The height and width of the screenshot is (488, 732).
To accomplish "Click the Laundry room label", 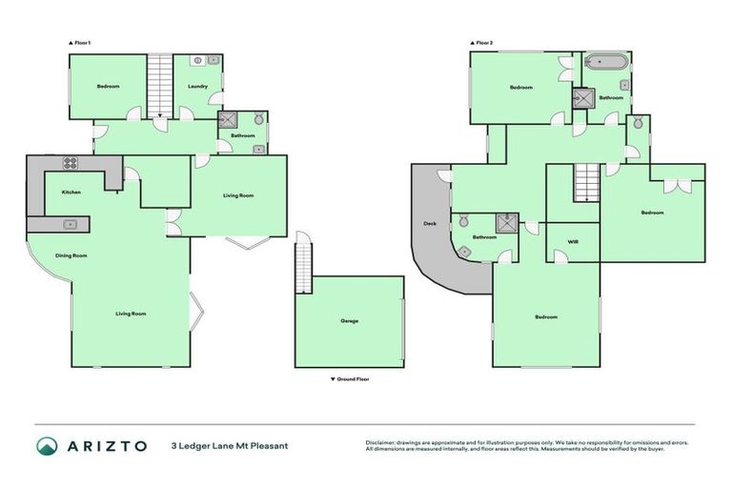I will tap(198, 87).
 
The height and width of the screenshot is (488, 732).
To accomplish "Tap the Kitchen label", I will tap(71, 193).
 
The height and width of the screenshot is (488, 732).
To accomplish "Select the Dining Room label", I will tap(71, 255).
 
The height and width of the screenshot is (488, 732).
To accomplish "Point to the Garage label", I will tap(350, 320).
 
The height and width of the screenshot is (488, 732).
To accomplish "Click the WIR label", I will tap(573, 242).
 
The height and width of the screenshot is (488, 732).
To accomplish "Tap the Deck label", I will tap(429, 224).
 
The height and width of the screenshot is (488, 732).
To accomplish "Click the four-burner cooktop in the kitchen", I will tap(70, 163).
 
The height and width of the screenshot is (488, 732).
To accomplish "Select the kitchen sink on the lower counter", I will tap(71, 224).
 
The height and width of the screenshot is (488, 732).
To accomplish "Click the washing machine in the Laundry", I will tap(197, 61).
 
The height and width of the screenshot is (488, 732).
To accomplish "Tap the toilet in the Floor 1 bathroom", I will tap(257, 119).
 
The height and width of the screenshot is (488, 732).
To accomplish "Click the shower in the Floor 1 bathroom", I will tap(228, 120).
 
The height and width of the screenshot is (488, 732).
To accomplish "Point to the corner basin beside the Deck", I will tap(464, 251).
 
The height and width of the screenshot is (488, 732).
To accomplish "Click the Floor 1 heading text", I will tap(79, 43).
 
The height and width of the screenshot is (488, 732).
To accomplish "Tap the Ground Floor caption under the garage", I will tap(350, 379).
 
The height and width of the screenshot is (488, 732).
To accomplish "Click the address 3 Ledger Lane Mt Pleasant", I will tap(229, 445).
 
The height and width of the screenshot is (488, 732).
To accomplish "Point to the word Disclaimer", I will tap(381, 442).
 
